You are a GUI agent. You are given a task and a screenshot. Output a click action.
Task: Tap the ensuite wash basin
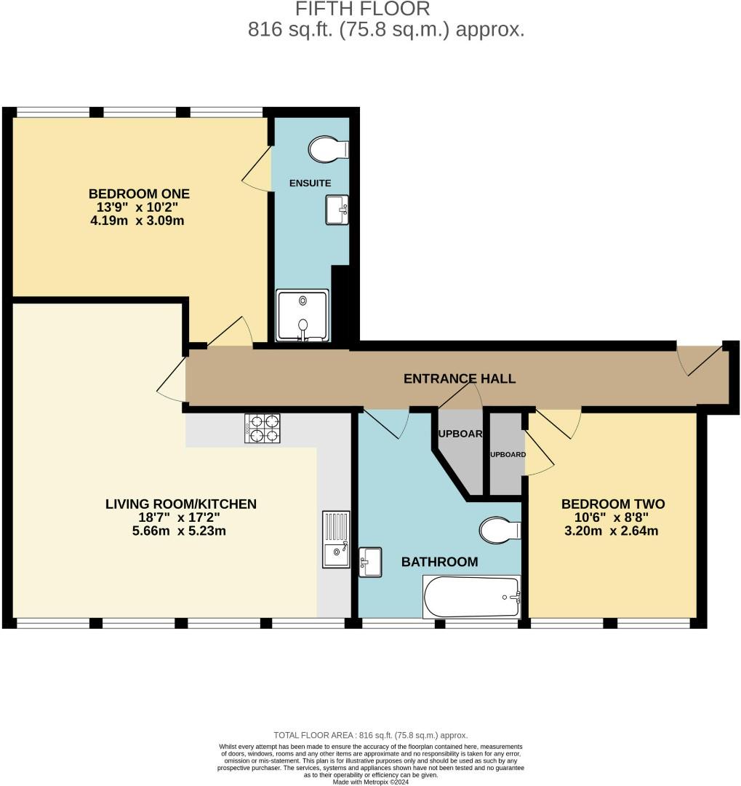tap(337, 210)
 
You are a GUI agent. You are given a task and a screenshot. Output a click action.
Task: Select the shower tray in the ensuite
tap(303, 315)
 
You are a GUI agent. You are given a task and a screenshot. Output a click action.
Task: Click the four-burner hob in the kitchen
tap(263, 428)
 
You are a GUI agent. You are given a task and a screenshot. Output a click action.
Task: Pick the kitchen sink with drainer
tap(336, 539)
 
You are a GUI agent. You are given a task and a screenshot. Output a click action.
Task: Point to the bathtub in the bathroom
tap(472, 597)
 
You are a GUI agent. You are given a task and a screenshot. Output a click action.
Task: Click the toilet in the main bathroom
tap(499, 530)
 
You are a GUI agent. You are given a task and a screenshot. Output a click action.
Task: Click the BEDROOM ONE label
tap(139, 194)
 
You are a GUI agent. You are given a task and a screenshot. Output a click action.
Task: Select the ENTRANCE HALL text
tap(460, 378)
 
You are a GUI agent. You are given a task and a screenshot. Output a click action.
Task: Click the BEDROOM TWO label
tap(612, 504)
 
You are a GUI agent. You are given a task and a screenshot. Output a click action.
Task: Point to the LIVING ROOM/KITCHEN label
tap(181, 504)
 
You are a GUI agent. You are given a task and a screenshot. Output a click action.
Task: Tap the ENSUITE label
tap(311, 183)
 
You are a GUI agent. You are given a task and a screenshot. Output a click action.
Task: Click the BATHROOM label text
tap(440, 562)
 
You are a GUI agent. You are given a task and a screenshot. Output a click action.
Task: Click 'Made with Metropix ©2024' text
tap(371, 782)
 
